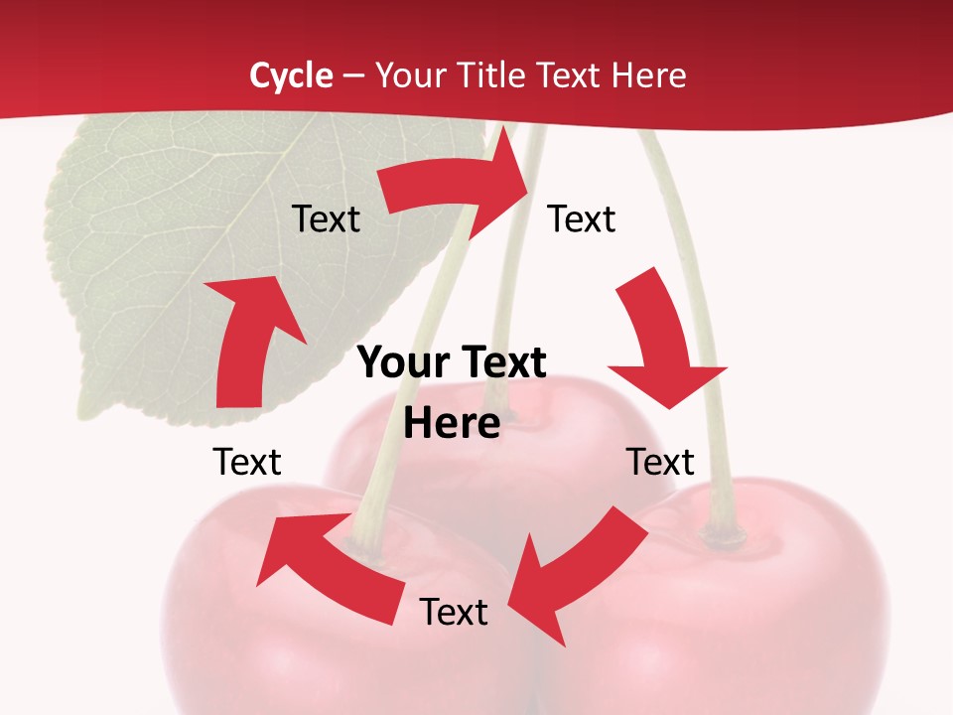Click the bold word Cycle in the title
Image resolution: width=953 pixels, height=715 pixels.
pos(291,75)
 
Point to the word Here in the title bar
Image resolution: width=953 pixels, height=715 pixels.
pos(649,75)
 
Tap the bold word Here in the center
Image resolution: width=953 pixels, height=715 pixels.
pos(452,424)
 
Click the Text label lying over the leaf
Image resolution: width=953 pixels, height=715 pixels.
pos(326,219)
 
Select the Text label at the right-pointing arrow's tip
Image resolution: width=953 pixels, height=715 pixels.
pos(582,219)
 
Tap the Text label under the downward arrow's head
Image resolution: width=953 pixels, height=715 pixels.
pos(660,462)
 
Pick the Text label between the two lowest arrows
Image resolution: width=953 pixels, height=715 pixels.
pos(454,612)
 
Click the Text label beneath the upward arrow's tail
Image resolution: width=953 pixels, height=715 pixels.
pos(247,462)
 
